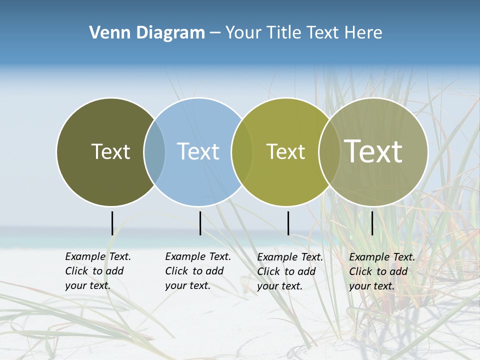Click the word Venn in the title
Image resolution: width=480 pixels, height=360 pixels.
point(104,33)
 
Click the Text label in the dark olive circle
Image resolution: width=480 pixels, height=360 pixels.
point(110,151)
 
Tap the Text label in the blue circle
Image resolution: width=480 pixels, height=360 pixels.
point(198,151)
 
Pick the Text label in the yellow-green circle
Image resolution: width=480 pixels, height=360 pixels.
point(285,151)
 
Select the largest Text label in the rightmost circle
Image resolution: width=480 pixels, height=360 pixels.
point(373,151)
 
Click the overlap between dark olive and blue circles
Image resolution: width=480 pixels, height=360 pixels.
point(154,151)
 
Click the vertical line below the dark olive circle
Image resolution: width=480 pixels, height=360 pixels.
point(112,223)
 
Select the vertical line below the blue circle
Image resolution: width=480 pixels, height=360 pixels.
point(200,223)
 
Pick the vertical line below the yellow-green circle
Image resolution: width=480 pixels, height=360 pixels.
point(288,223)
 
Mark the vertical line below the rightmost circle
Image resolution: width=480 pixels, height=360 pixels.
point(372,223)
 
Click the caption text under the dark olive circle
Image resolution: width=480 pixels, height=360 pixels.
point(97,271)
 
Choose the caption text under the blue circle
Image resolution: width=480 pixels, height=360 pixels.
point(197,271)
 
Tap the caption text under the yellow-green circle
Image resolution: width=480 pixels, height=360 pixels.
point(289,271)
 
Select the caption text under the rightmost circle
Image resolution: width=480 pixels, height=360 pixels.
point(381,271)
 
